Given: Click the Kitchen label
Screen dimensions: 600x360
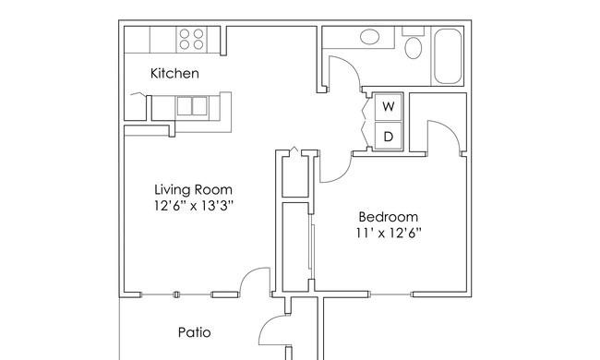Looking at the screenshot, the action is click(174, 73).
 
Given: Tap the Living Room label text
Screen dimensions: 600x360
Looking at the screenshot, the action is click(193, 189).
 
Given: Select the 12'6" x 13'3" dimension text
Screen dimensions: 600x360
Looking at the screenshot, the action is click(194, 206).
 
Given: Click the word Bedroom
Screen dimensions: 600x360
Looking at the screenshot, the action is click(388, 217).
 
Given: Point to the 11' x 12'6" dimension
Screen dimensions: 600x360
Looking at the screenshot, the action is click(389, 233).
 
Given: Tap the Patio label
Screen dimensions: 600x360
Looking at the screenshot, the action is click(195, 332).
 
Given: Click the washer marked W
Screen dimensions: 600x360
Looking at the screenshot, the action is click(389, 107).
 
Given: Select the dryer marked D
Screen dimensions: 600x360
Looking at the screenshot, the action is click(389, 136).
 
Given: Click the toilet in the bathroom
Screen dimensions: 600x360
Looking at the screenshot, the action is click(414, 47).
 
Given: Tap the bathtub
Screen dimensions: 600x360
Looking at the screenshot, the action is click(448, 56).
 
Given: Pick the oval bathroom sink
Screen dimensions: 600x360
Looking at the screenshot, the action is click(369, 37).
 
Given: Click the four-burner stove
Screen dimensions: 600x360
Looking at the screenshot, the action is click(191, 39).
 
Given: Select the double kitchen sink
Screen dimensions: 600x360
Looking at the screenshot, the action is click(192, 106).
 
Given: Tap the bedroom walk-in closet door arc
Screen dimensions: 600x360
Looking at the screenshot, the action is click(450, 129).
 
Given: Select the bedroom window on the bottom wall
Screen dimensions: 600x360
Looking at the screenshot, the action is click(390, 294).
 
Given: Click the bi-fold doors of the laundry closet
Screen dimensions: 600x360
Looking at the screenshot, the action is click(365, 122).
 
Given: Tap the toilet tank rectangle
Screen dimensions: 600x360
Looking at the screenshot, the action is click(413, 31).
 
